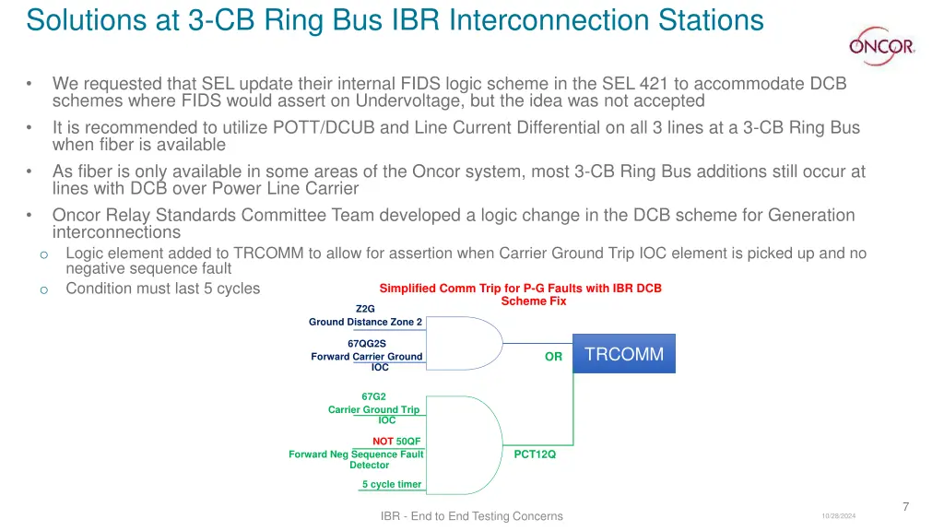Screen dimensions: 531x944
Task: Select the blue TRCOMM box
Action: (x=624, y=354)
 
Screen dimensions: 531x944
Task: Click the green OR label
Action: (x=553, y=357)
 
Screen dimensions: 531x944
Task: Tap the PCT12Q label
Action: (x=535, y=454)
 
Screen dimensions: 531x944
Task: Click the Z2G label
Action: (x=365, y=308)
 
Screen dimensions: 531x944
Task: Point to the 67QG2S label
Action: (x=366, y=344)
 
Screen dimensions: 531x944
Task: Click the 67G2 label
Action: (x=373, y=396)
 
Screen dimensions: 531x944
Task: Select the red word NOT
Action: (x=383, y=442)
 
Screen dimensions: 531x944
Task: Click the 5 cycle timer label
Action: (x=392, y=484)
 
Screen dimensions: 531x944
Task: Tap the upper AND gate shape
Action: (x=466, y=343)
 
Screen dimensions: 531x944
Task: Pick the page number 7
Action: (x=905, y=506)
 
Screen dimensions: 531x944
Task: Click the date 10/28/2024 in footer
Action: (x=838, y=516)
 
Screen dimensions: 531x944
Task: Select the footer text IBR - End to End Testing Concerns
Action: (x=471, y=516)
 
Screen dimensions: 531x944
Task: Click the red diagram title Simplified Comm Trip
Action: (x=520, y=289)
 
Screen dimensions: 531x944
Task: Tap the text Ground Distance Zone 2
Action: (x=365, y=322)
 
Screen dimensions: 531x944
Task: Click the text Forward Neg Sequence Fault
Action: (x=356, y=454)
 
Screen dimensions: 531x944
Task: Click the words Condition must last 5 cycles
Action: (x=162, y=289)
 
